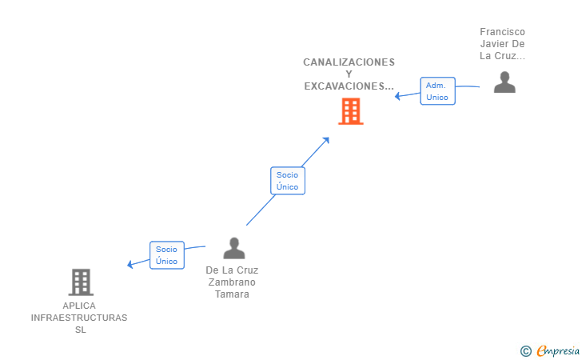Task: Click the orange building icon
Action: [351, 111]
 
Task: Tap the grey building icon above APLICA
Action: [81, 282]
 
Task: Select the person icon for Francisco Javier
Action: [504, 82]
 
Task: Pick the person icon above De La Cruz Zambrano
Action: [234, 248]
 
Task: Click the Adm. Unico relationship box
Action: [437, 91]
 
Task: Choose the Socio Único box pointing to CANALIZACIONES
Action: [288, 181]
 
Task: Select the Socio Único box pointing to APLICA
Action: [167, 255]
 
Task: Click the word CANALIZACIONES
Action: [349, 62]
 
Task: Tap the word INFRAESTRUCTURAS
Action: [79, 318]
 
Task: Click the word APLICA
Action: [79, 306]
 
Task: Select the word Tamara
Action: [232, 294]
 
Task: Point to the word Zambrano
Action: [232, 282]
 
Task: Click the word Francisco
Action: [502, 31]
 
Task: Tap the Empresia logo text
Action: [558, 350]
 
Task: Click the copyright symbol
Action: [526, 351]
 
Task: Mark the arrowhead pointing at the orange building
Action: [326, 141]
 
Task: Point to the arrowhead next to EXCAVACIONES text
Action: [397, 96]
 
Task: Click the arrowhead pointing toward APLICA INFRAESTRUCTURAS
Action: [130, 264]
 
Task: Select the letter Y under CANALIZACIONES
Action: [349, 74]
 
